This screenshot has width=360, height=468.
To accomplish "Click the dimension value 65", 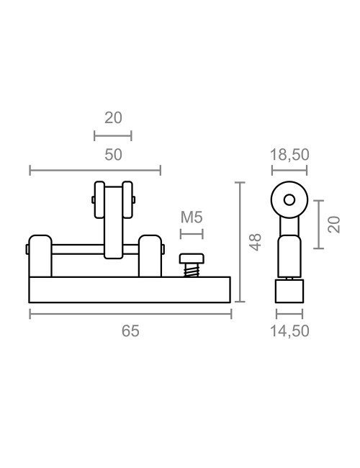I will [x=130, y=331].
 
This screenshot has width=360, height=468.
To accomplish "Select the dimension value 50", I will [x=113, y=154].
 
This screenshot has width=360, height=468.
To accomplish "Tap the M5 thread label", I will [x=192, y=217].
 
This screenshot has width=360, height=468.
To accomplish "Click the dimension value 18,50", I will [x=289, y=154].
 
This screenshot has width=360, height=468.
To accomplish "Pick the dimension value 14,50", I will [x=289, y=331].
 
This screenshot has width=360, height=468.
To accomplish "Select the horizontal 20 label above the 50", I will [x=113, y=118].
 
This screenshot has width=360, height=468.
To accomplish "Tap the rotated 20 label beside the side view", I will [x=333, y=224].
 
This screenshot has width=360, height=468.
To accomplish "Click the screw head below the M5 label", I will [x=192, y=258].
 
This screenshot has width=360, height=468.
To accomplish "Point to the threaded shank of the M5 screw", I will [x=192, y=270].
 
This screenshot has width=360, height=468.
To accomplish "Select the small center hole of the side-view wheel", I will [x=289, y=199].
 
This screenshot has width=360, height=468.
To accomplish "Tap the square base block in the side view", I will [x=289, y=291].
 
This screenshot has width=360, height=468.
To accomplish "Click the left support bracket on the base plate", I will [x=40, y=256].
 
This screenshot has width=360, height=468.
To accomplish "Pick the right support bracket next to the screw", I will [x=150, y=256].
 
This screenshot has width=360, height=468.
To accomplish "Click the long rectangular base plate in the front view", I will [x=130, y=289].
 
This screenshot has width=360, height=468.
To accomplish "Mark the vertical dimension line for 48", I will [x=240, y=242].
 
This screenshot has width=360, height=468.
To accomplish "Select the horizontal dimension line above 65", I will [x=130, y=313].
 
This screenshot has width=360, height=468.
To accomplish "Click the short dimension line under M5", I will [x=192, y=233].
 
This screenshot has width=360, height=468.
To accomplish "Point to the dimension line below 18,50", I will [x=289, y=171].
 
